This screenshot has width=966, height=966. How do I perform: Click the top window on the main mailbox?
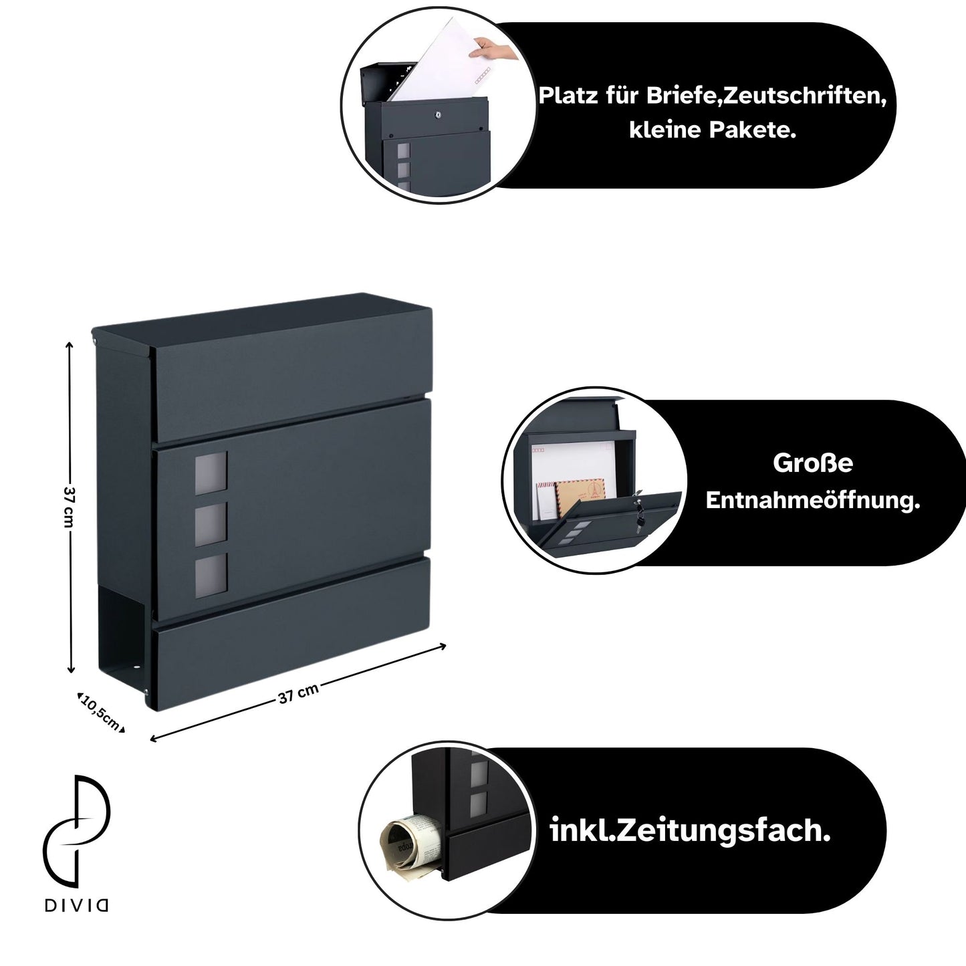click(211, 473)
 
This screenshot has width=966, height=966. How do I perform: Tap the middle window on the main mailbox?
click(211, 525)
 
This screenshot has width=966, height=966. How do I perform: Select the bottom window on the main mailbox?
click(211, 576)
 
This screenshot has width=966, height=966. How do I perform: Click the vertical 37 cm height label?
click(69, 507)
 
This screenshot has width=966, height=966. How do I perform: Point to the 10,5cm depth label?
click(101, 713)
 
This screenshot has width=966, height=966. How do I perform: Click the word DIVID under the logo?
click(76, 905)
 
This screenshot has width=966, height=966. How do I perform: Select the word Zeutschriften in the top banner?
click(805, 96)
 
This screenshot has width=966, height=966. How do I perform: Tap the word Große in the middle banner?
click(813, 463)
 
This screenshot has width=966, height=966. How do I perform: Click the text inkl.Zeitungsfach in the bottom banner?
click(690, 830)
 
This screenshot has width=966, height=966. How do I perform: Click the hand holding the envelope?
click(495, 49)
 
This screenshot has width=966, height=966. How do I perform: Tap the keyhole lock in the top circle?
click(439, 114)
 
